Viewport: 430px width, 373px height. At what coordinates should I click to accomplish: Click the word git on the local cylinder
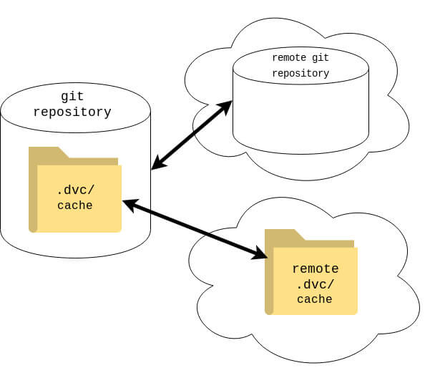point(72,97)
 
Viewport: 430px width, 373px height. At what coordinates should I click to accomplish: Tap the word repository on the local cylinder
point(72,112)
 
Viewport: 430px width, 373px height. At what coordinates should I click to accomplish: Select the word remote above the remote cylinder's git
point(289,57)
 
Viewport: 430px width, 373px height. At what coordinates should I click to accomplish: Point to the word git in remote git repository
point(321,58)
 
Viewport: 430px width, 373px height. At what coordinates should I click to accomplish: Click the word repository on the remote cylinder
point(300,73)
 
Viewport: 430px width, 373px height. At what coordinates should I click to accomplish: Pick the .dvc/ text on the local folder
point(75,190)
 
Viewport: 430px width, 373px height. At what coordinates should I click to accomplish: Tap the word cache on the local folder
point(75,205)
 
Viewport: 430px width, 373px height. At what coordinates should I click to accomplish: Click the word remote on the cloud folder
point(316,268)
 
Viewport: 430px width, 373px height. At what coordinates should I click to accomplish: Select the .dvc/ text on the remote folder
point(315,284)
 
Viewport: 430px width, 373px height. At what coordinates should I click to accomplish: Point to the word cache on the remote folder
point(315,299)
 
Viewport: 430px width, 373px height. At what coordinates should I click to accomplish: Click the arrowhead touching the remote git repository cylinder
point(225,107)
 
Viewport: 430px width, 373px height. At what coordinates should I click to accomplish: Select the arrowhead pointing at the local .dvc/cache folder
point(130,205)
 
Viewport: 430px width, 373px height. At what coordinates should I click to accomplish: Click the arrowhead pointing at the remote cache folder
point(260,253)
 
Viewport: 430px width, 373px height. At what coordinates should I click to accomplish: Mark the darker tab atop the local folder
point(73,156)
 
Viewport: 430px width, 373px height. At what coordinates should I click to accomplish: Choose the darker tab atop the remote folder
point(309,238)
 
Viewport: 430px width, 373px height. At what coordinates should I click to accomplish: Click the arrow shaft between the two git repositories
point(192,135)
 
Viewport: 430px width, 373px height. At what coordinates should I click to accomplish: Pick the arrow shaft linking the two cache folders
point(195,229)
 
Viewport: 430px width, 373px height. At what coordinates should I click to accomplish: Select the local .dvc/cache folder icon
point(75,190)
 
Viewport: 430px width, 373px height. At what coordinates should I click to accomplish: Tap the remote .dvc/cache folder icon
point(311,272)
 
